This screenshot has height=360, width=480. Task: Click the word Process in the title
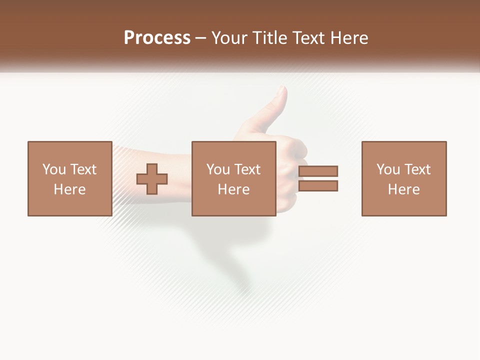[157, 38]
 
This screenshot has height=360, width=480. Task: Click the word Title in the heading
[270, 38]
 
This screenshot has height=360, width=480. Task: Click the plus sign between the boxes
[152, 179]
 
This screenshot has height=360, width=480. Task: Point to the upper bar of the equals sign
[318, 171]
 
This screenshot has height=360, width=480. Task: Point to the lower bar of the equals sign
[318, 186]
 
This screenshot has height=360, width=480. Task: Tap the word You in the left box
[54, 169]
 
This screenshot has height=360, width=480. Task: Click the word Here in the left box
[69, 189]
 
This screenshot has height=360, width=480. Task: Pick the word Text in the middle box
[247, 169]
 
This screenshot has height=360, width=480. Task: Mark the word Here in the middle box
[233, 189]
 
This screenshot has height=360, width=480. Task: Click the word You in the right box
[388, 169]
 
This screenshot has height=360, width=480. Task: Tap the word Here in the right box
[404, 189]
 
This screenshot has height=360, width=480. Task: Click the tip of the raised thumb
[282, 89]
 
